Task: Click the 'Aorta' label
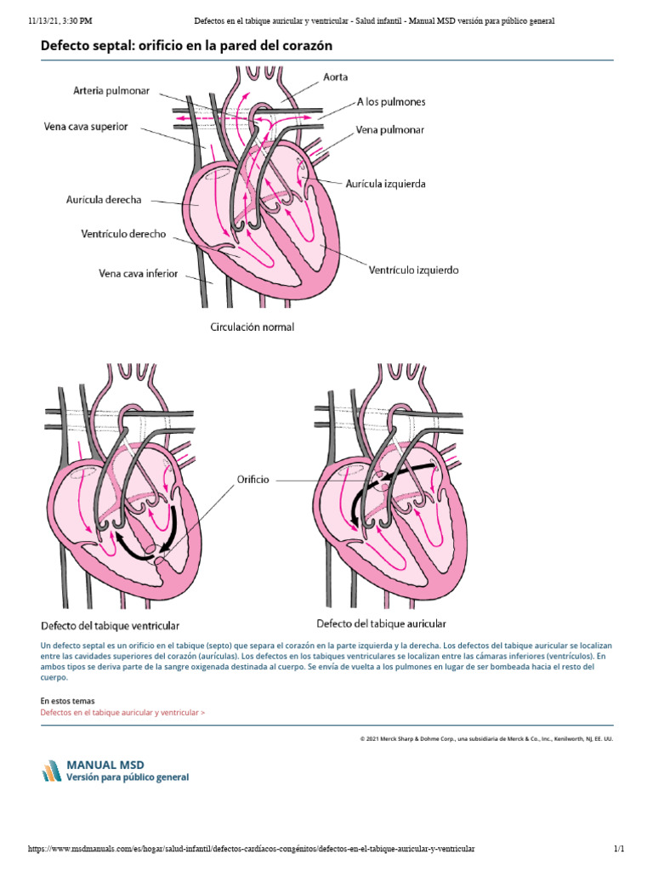335,77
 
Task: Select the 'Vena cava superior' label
86,127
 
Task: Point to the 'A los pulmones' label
391,102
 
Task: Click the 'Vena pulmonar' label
390,130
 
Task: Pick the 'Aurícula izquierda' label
386,183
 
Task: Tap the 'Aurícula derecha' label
104,200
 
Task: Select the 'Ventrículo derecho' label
123,234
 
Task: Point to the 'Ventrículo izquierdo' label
413,270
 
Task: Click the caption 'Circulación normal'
253,326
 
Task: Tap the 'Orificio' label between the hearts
252,480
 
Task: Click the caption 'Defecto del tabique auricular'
381,623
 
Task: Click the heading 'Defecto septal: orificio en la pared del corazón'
186,45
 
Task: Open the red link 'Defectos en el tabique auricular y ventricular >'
122,712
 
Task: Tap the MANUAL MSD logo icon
51,770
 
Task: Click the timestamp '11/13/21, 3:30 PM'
60,20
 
